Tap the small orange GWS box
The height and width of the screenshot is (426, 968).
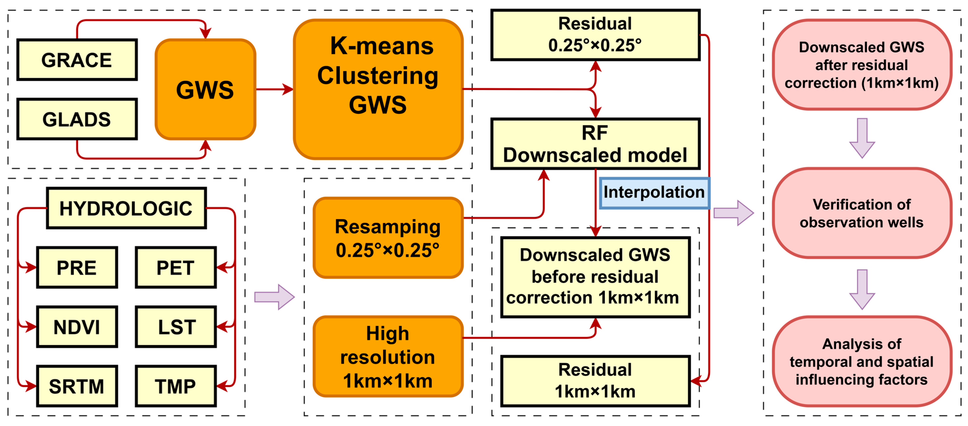(205, 89)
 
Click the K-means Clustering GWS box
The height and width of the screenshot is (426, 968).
(378, 89)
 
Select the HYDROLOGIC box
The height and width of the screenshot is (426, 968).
(126, 208)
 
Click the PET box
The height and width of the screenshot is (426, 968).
(176, 267)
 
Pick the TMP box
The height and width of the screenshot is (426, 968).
(176, 386)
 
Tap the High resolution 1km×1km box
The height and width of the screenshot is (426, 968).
(388, 357)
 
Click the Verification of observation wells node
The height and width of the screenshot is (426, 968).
(862, 213)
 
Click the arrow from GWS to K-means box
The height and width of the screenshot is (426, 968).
(274, 89)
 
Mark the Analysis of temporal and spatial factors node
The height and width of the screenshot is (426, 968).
(862, 361)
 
